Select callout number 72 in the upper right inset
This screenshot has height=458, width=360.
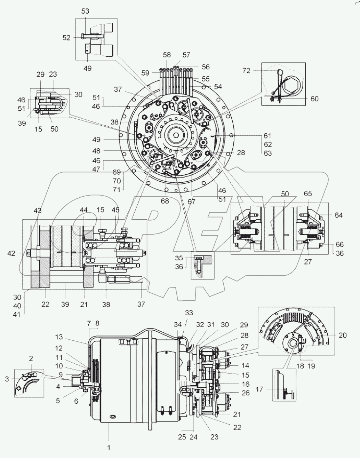pyautogui.click(x=246, y=71)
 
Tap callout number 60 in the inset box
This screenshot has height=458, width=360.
pyautogui.click(x=314, y=99)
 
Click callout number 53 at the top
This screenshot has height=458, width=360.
pyautogui.click(x=85, y=11)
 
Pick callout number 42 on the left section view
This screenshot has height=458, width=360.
pyautogui.click(x=12, y=254)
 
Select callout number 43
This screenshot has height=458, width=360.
pyautogui.click(x=37, y=211)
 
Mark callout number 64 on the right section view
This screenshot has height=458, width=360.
pyautogui.click(x=339, y=215)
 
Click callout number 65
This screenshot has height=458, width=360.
pyautogui.click(x=308, y=194)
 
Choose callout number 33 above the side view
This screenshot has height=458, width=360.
pyautogui.click(x=189, y=313)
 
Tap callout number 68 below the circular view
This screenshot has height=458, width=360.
pyautogui.click(x=165, y=201)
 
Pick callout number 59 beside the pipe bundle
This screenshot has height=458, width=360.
pyautogui.click(x=145, y=73)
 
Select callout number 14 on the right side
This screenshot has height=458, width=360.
pyautogui.click(x=245, y=365)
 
